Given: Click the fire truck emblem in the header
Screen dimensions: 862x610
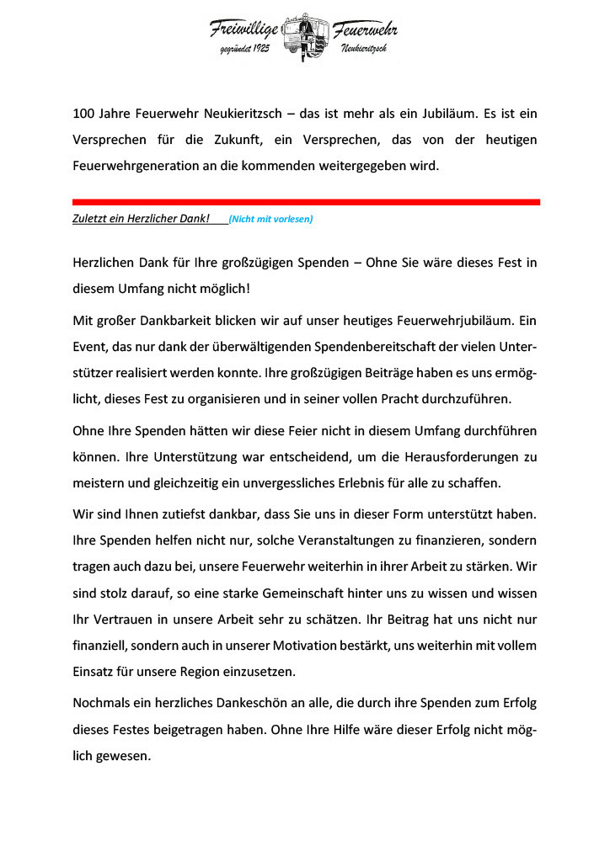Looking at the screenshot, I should tap(304, 37).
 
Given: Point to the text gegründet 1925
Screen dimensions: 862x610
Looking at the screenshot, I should tap(244, 52).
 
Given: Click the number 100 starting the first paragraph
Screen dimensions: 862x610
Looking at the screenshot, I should tap(84, 113).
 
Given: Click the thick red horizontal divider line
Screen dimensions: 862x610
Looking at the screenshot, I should tap(306, 202).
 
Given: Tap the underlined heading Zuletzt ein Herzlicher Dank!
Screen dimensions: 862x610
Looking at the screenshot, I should tap(141, 219).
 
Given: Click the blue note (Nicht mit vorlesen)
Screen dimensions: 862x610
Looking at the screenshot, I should tap(270, 220).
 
